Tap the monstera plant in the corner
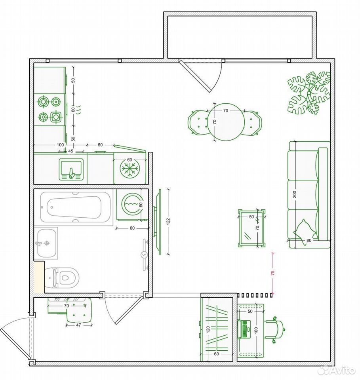click(x=309, y=93)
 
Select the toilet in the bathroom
click(x=62, y=278)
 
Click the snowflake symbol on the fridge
click(x=130, y=169)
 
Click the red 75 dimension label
click(x=273, y=273)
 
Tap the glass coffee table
click(x=251, y=228)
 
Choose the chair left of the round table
click(x=198, y=122)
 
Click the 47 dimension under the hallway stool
click(x=78, y=325)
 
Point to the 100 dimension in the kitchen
click(x=60, y=145)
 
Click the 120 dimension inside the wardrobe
click(x=208, y=330)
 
